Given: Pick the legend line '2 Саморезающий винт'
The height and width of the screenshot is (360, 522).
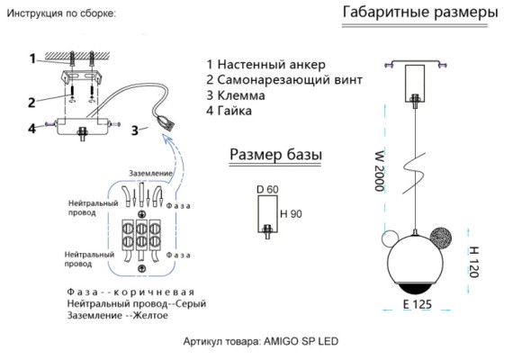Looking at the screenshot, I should [x=284, y=80].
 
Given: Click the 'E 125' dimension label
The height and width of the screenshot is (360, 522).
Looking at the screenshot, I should [x=418, y=305].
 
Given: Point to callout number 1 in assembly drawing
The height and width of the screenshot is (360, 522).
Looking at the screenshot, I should [x=31, y=59].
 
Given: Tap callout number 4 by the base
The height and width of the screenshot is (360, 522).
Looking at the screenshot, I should [x=31, y=128].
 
